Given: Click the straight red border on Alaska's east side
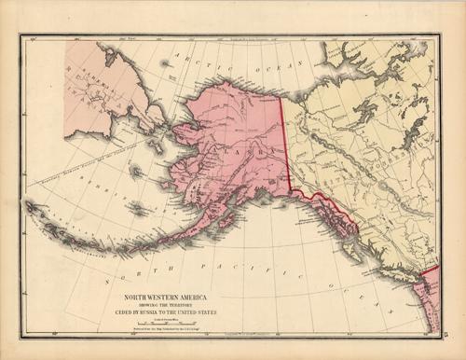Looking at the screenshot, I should point(287,140).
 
